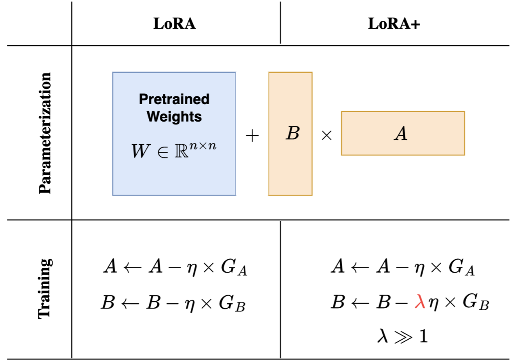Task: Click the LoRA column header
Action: [175, 24]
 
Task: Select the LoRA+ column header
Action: [394, 24]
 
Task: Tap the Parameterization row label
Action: [45, 133]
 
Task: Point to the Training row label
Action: [45, 288]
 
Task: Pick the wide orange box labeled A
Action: [403, 133]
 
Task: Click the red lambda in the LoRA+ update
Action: [420, 303]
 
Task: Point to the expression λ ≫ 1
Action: [402, 337]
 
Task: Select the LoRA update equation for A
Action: [175, 268]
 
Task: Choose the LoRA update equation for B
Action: [173, 304]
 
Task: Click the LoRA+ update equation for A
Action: [402, 268]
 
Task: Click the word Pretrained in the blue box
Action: [174, 99]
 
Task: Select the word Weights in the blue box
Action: [174, 116]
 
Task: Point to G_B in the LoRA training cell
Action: [233, 304]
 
